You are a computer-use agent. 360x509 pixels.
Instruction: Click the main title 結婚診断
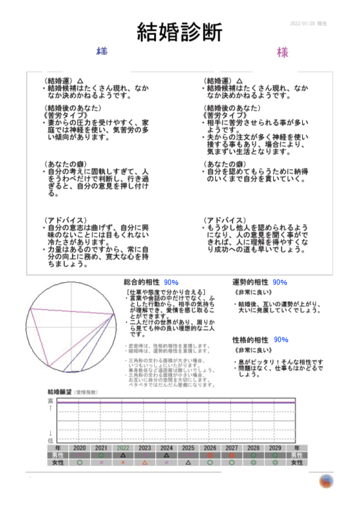(179, 31)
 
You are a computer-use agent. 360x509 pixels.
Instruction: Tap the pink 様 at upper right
(283, 53)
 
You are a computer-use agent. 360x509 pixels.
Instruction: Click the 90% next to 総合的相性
(171, 283)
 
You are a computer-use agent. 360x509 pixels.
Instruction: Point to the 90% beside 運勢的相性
(280, 283)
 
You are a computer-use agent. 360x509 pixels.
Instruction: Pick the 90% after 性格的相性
(281, 340)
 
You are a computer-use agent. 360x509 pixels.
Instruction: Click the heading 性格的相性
(250, 340)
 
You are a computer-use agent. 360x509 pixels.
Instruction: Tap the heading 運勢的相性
(250, 283)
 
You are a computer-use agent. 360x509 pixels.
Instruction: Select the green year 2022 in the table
(123, 447)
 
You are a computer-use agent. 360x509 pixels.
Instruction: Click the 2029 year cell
(275, 447)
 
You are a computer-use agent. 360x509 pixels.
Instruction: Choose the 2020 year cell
(80, 447)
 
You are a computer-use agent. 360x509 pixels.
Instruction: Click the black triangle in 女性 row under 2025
(188, 462)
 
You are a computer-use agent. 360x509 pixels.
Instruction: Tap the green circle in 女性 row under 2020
(80, 462)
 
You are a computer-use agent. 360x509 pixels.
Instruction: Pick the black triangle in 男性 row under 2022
(123, 455)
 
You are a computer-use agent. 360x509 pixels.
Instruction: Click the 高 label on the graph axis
(50, 401)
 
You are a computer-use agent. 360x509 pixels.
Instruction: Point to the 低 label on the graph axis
(50, 440)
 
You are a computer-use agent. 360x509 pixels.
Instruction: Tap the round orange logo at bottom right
(326, 481)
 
